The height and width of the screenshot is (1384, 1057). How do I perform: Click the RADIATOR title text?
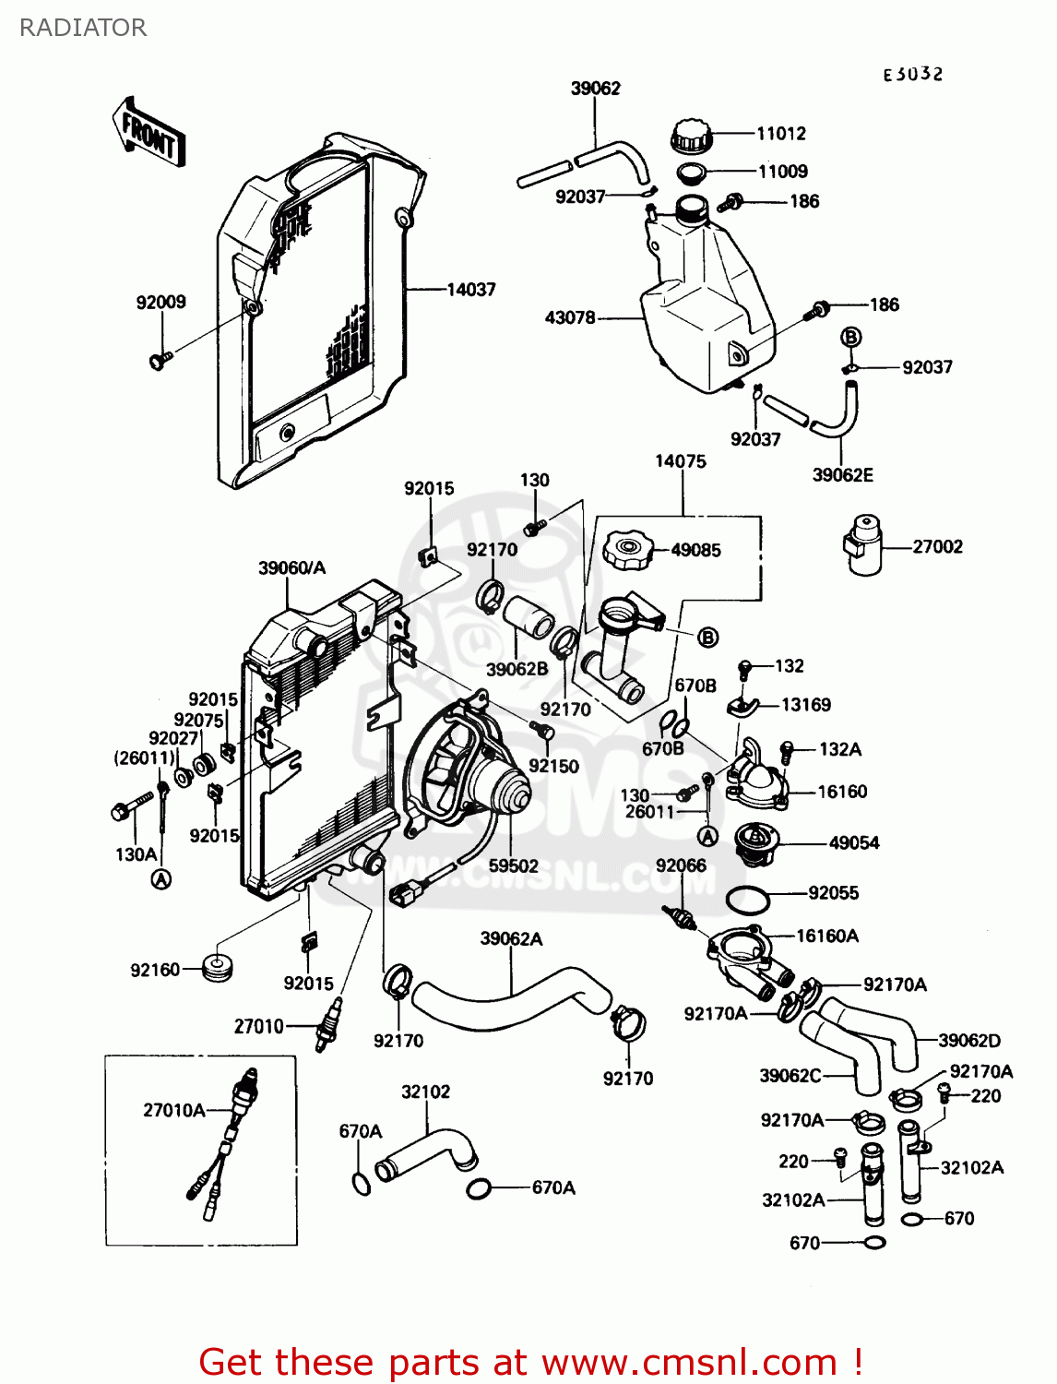(82, 28)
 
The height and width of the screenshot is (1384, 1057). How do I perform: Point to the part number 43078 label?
(570, 317)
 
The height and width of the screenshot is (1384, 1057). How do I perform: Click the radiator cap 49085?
(627, 551)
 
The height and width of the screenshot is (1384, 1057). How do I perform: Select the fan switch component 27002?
(861, 544)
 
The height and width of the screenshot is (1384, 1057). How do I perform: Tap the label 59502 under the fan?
(513, 866)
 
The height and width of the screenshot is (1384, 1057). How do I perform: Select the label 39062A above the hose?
(511, 938)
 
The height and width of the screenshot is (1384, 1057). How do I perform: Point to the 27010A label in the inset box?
(173, 1110)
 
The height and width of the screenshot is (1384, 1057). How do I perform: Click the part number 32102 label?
(425, 1092)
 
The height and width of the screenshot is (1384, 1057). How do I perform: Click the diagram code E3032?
(912, 75)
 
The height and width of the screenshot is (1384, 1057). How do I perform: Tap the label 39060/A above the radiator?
(291, 568)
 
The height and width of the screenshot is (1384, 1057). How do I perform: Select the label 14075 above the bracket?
(680, 461)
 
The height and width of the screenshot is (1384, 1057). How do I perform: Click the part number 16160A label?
(826, 936)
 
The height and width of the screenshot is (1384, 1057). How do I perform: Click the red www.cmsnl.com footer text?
(530, 1362)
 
